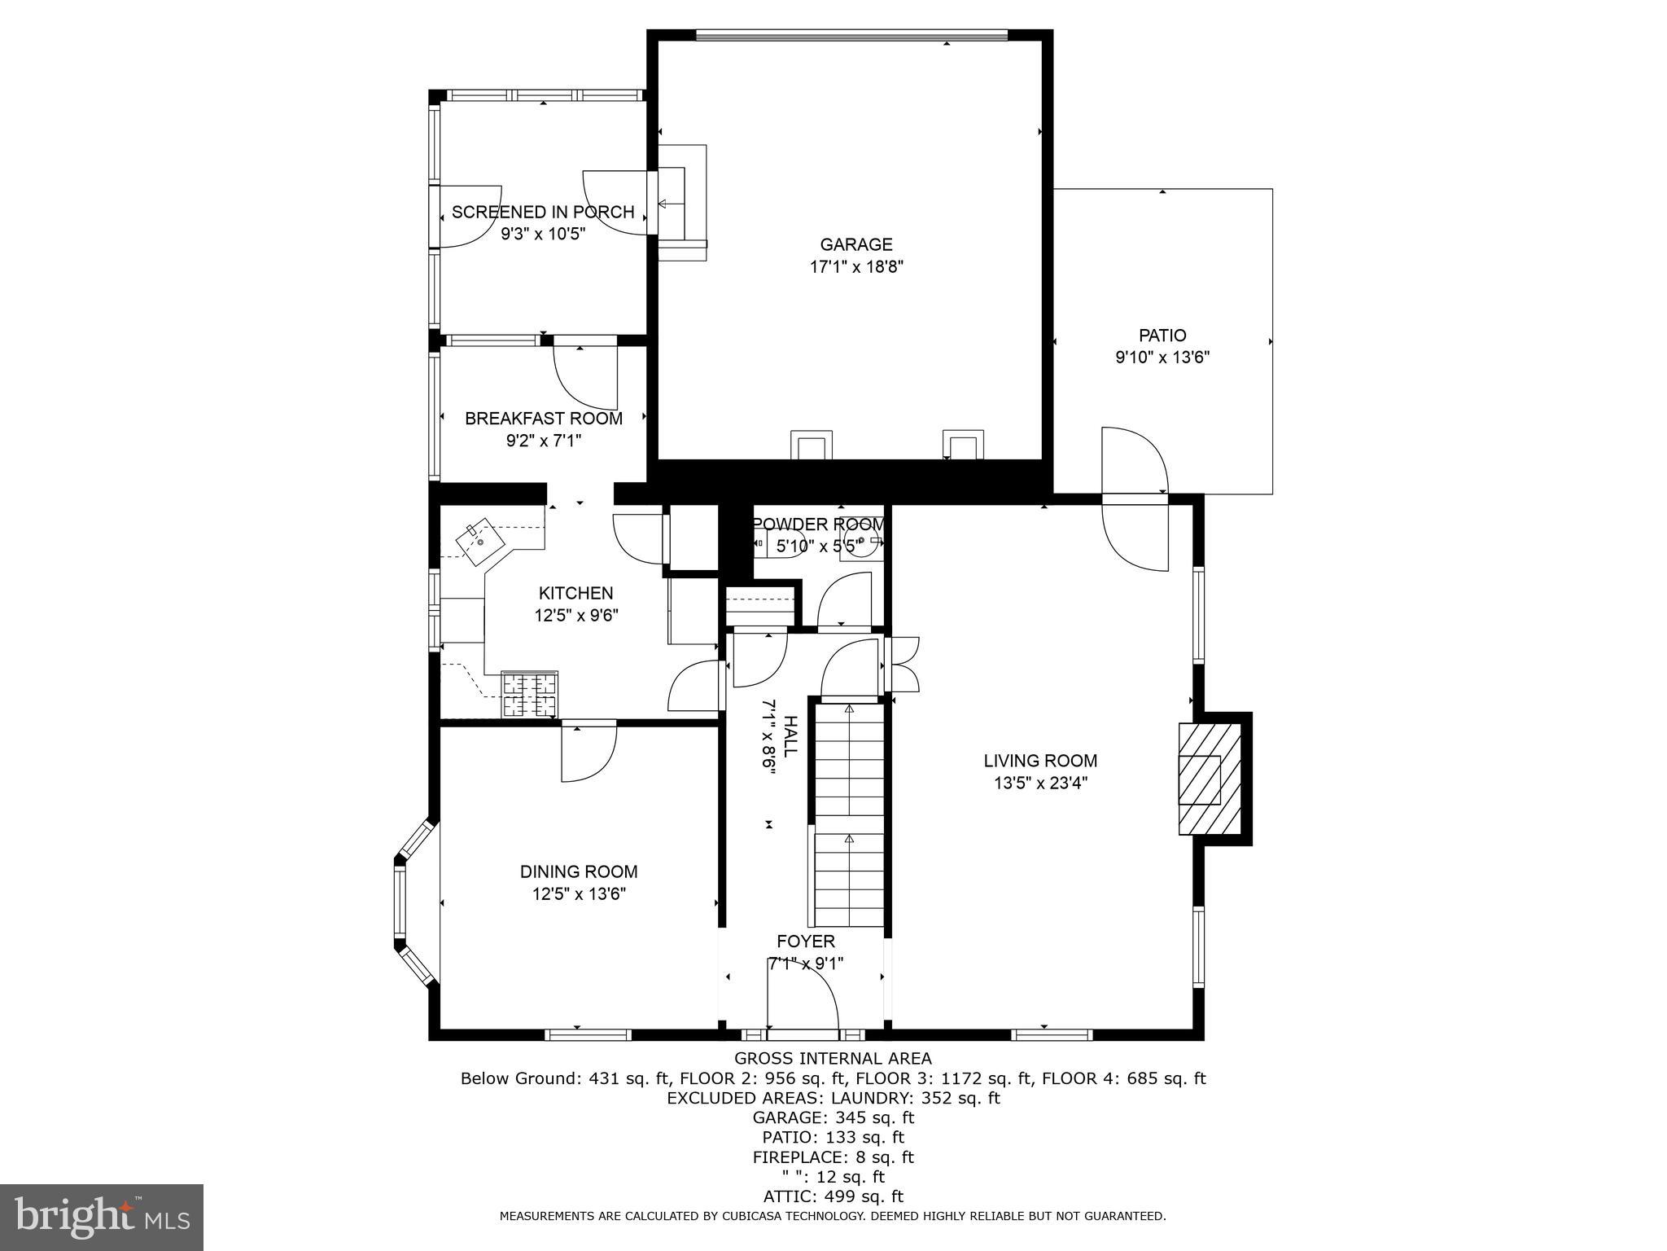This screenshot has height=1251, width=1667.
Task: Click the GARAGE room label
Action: [x=855, y=244]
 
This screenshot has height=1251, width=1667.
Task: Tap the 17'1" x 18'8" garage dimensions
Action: [x=856, y=266]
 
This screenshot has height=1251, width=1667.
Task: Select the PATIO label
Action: [x=1162, y=335]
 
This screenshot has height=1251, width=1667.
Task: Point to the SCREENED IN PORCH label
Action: [x=543, y=212]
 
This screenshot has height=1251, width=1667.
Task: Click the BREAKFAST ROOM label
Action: [x=544, y=419]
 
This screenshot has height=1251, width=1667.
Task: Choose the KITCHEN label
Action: [x=576, y=593]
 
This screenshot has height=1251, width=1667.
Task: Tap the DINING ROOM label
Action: [x=579, y=871]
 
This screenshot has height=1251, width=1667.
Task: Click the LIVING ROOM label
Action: [x=1040, y=761]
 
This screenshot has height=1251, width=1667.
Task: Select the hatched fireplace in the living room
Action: [x=1210, y=779]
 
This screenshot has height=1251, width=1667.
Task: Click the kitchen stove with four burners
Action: [x=530, y=695]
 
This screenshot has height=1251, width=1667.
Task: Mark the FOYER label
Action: [x=805, y=942]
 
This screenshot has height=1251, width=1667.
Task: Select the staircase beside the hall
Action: [x=850, y=814]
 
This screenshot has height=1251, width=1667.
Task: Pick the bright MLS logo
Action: [x=101, y=1217]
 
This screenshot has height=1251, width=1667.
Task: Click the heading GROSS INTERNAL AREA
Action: [x=833, y=1059]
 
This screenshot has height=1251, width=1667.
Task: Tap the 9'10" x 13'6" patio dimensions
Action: [x=1162, y=357]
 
